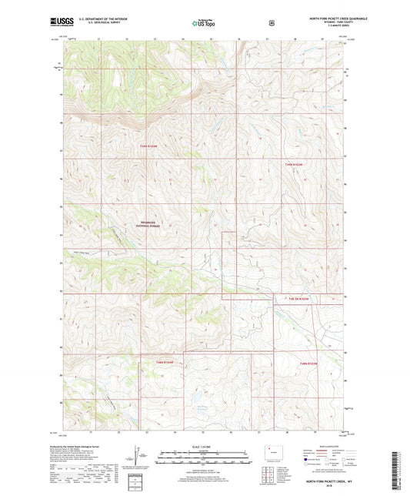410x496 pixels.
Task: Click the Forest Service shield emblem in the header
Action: click(271, 22)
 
